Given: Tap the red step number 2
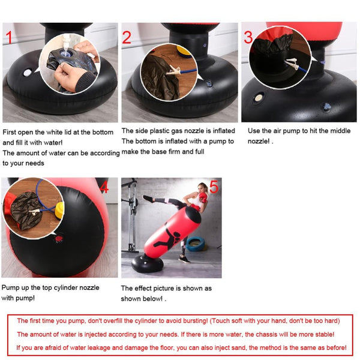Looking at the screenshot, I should pyautogui.click(x=127, y=37).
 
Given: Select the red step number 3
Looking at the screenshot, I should pyautogui.click(x=248, y=37).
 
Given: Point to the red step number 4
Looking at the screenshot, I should pyautogui.click(x=104, y=187).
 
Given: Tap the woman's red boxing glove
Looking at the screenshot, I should pyautogui.click(x=203, y=197).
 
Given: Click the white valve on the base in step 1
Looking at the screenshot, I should pyautogui.click(x=28, y=73).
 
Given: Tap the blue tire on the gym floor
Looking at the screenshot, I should pyautogui.click(x=195, y=243).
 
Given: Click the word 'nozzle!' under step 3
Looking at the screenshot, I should pyautogui.click(x=259, y=142).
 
